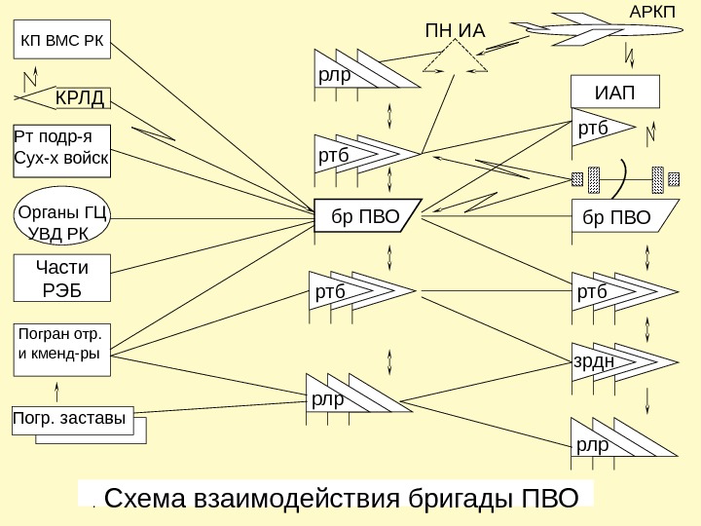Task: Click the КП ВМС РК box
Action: point(62,42)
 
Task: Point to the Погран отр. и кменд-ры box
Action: point(62,345)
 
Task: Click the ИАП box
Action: point(613,92)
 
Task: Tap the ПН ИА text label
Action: point(454,31)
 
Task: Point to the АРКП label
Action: point(651,11)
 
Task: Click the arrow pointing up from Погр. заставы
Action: point(57,388)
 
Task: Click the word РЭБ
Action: point(61,289)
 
